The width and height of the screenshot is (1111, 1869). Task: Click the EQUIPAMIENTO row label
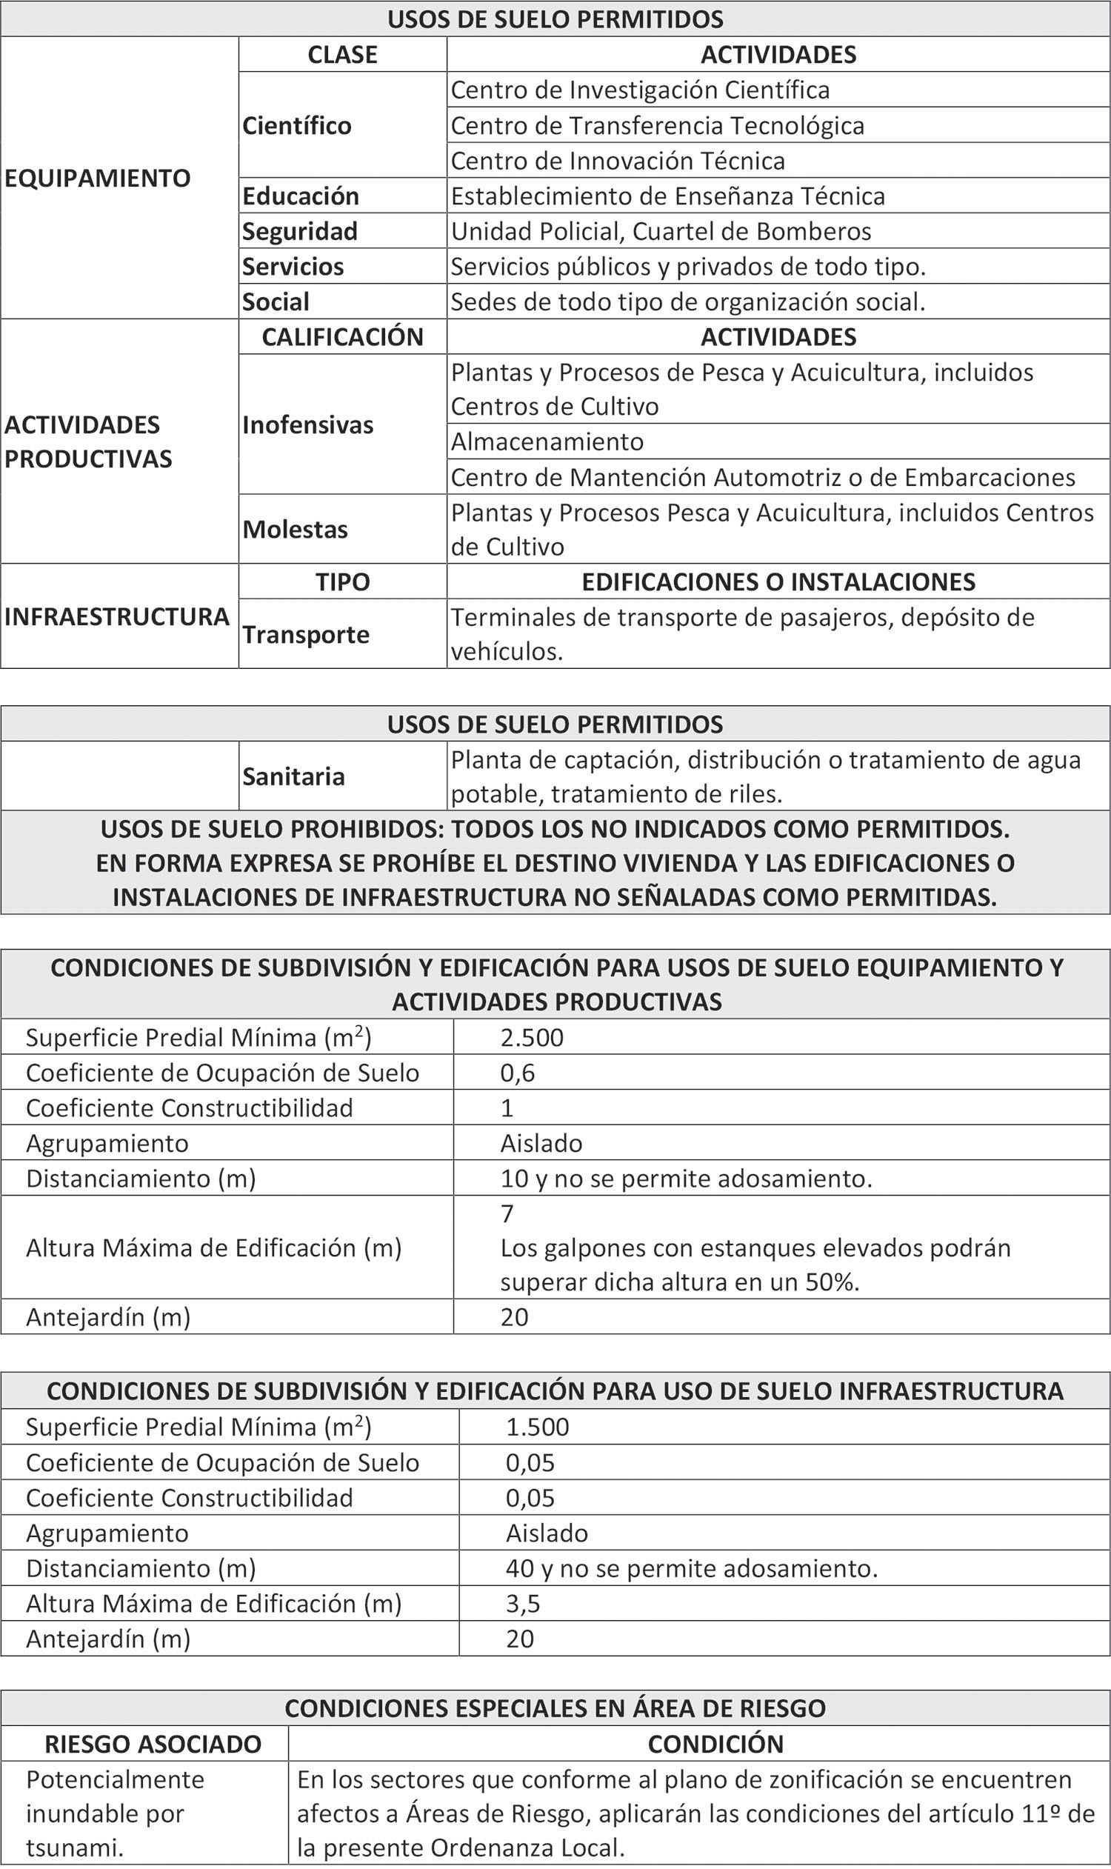97,179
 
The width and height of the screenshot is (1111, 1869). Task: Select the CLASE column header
342,55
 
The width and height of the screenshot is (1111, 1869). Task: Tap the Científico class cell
296,125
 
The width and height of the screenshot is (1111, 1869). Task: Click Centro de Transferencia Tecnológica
657,125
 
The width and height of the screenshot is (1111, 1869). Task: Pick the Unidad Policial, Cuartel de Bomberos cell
661,231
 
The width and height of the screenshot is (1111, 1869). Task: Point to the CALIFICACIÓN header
342,337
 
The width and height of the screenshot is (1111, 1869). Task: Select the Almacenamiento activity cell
547,442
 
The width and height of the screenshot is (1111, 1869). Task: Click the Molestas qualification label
295,530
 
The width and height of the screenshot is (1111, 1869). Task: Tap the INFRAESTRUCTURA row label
117,617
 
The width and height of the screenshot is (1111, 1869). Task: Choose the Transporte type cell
305,635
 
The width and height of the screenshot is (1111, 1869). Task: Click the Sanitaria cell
293,776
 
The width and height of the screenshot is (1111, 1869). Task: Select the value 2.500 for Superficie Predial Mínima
532,1037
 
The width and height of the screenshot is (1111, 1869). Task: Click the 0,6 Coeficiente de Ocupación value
517,1072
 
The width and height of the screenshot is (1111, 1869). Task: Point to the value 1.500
537,1427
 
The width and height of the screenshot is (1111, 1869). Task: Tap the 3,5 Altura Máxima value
523,1603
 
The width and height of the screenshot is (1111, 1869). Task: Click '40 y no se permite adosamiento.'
691,1568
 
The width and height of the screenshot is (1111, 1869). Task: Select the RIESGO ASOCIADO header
153,1744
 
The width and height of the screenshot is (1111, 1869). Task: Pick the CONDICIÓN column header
715,1744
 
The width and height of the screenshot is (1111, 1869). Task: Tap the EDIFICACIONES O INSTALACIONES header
778,582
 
